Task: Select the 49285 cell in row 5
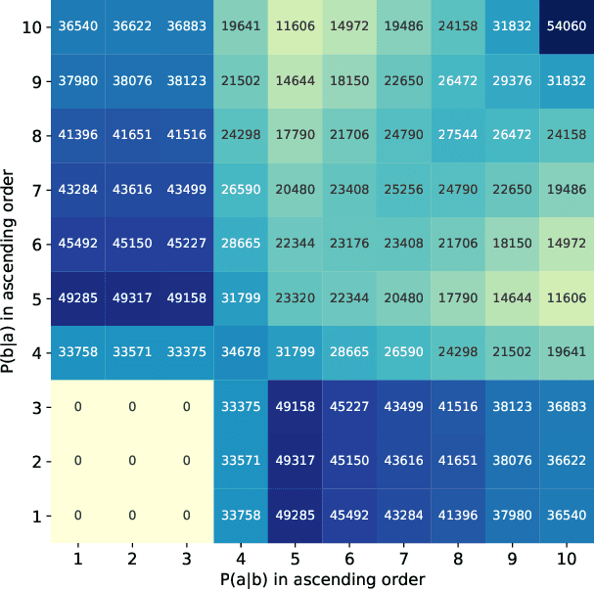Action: pyautogui.click(x=78, y=297)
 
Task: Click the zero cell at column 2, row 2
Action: pyautogui.click(x=132, y=460)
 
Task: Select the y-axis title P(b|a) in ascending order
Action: pyautogui.click(x=9, y=271)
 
